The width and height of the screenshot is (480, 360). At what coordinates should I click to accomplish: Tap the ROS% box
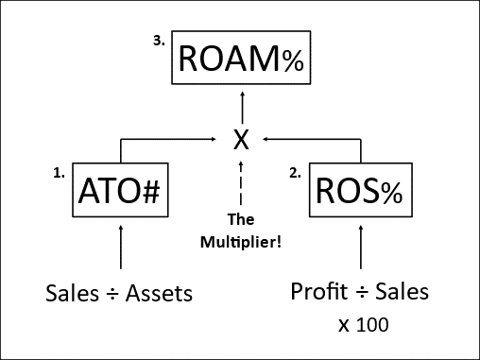359,192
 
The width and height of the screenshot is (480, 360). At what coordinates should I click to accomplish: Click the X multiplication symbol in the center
242,140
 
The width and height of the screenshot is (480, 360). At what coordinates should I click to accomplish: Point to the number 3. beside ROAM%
159,42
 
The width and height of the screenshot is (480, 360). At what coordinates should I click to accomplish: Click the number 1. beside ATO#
59,173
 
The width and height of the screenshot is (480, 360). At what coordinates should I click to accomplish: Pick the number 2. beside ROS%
295,173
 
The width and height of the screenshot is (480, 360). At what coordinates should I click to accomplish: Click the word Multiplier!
242,242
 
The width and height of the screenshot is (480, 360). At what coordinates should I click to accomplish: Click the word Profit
317,292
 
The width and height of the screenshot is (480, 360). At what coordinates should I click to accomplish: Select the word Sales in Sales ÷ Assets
69,293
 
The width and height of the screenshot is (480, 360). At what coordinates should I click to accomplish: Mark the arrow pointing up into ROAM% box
242,104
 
